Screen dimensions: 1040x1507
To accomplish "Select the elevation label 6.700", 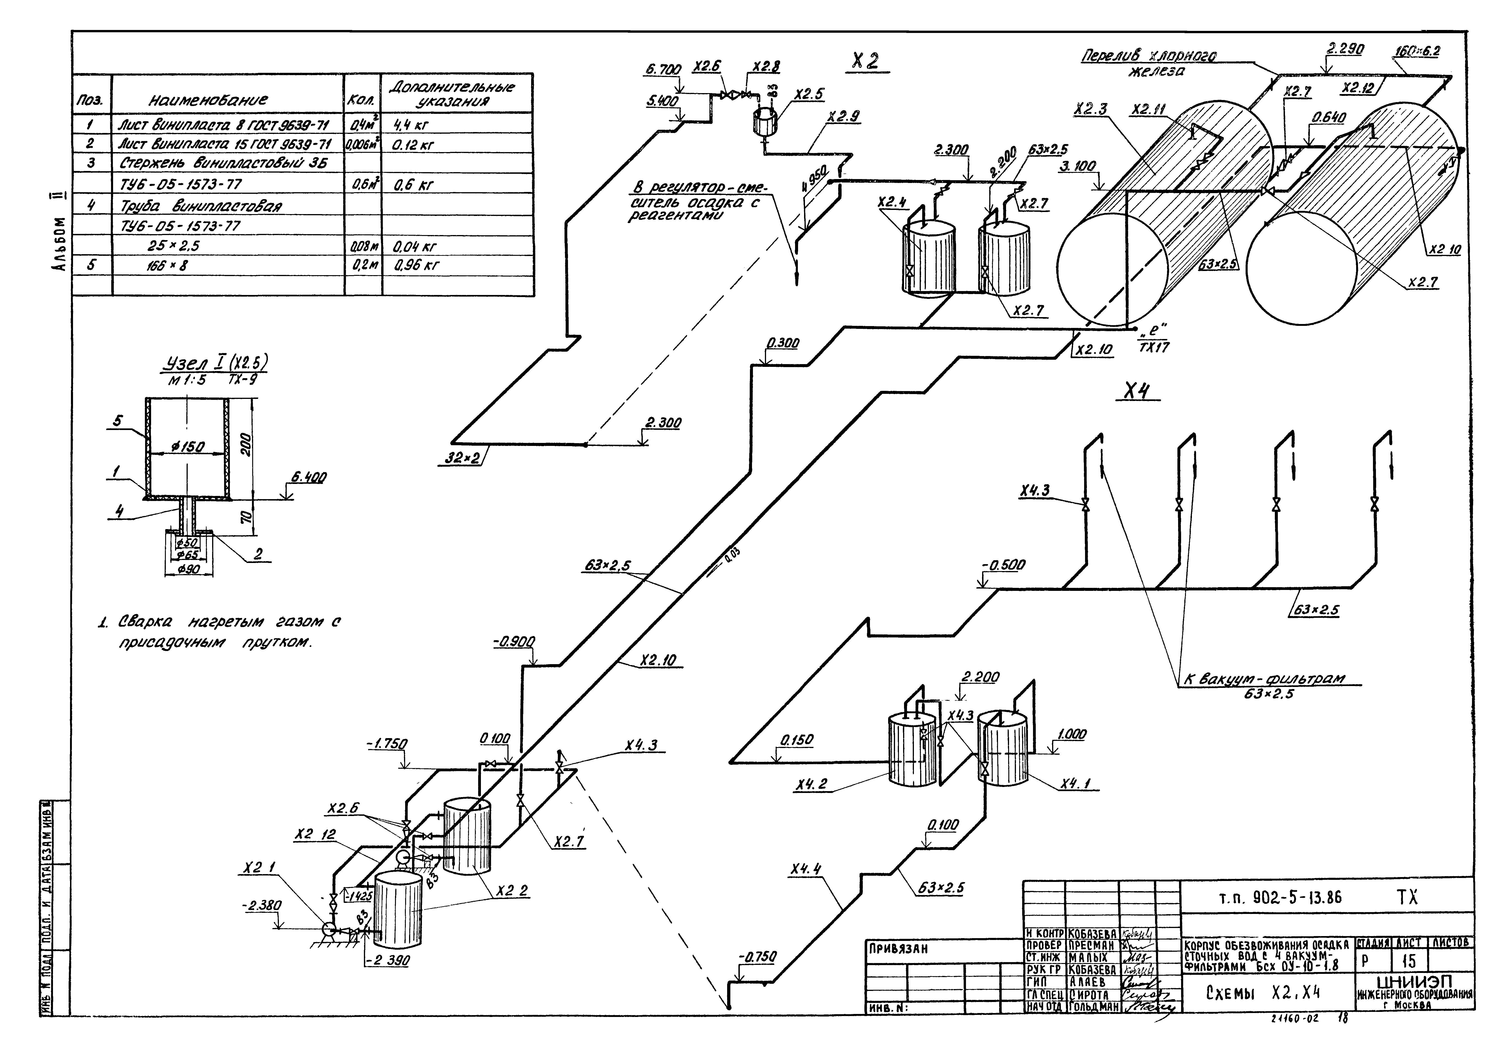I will [663, 69].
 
